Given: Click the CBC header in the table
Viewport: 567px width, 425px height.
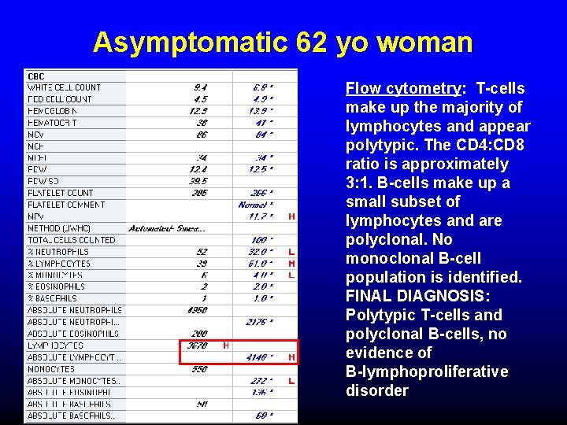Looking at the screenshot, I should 36,76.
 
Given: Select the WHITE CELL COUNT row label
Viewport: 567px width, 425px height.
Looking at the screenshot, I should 65,87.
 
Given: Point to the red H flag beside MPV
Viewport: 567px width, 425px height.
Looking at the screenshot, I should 291,216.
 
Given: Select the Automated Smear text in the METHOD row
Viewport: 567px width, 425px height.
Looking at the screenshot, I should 168,228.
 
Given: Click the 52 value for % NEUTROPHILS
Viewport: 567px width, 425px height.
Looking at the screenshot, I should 202,252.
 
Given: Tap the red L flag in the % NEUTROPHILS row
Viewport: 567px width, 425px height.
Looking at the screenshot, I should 291,252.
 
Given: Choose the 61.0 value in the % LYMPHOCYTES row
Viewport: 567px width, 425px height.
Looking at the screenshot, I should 262,264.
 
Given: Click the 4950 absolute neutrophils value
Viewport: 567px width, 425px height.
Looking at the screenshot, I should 197,310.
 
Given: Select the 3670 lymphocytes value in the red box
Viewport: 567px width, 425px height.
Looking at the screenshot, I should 197,346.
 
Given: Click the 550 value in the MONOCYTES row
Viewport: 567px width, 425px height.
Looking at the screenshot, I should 198,369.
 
